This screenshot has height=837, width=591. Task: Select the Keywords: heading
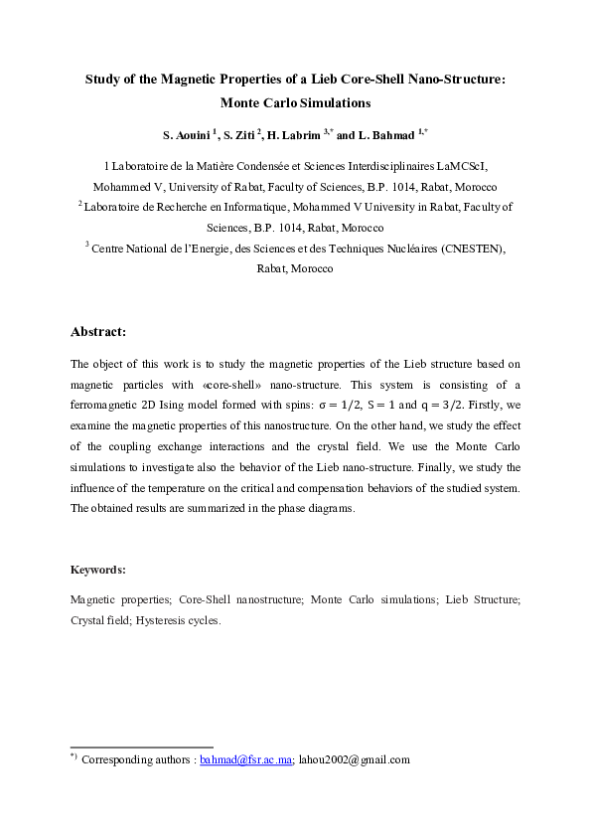tap(97, 570)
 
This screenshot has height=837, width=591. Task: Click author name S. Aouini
tap(189, 134)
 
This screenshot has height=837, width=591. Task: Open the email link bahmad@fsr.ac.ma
tap(245, 759)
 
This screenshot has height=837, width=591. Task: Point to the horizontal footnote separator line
tap(141, 747)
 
